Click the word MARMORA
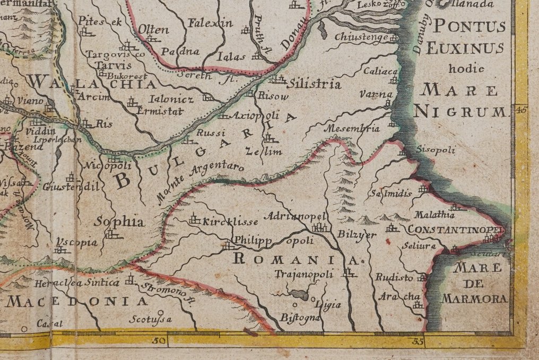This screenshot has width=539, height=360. pyautogui.click(x=474, y=299)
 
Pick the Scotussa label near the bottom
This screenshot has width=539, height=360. pyautogui.click(x=151, y=319)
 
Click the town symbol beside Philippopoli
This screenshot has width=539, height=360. pyautogui.click(x=228, y=246)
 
